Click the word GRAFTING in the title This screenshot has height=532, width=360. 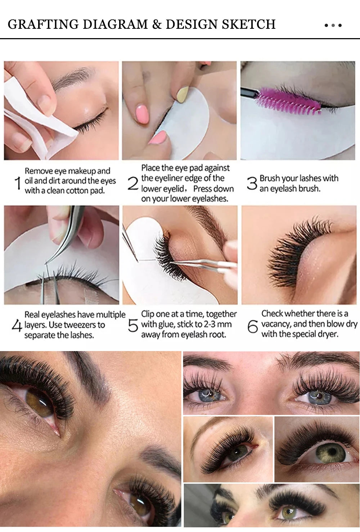click(x=44, y=24)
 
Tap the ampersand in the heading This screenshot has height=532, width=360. click(x=157, y=24)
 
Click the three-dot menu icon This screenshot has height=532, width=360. click(x=333, y=25)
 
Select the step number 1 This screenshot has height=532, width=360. click(x=18, y=183)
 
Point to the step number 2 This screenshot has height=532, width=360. click(x=133, y=184)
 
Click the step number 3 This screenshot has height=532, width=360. click(x=252, y=183)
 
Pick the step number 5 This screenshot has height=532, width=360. click(x=133, y=326)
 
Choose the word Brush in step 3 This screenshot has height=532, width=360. click(x=270, y=178)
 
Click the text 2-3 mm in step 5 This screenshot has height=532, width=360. click(x=218, y=324)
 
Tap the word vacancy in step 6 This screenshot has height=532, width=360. click(x=276, y=324)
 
